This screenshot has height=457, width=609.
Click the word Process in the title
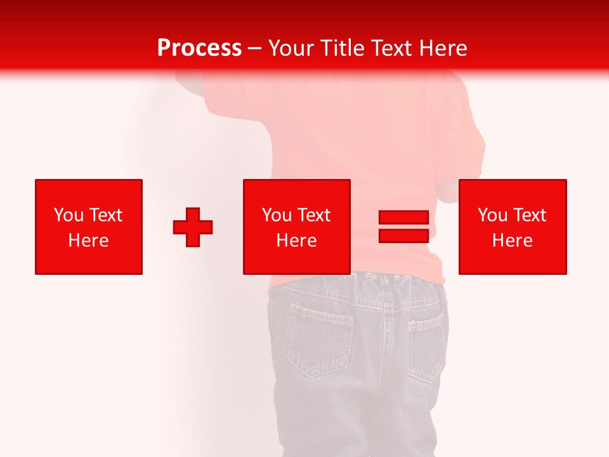coord(199,48)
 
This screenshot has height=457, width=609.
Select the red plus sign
coord(193,227)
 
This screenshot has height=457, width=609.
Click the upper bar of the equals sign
coord(403,218)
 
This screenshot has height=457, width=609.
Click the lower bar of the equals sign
coord(403,235)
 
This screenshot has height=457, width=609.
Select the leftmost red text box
coord(89,227)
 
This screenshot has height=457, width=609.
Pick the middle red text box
coord(296,227)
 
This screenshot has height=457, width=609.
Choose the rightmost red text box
coord(513,227)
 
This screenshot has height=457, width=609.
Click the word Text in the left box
coord(105,215)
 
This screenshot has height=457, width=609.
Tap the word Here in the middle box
coord(296,241)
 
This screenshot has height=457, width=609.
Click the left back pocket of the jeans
coord(317,336)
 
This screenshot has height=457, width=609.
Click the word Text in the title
coord(390,48)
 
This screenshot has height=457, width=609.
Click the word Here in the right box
coord(513,241)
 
